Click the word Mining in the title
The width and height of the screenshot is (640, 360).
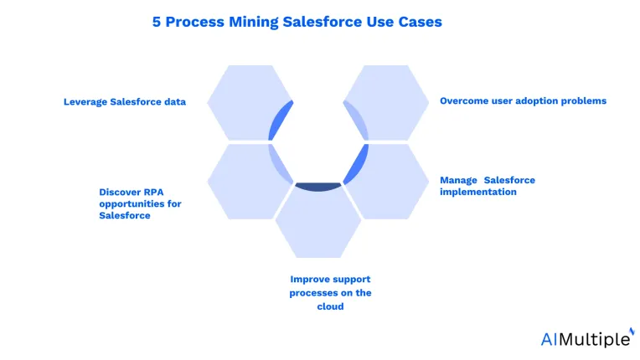tap(253, 22)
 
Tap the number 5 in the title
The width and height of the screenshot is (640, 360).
tap(157, 22)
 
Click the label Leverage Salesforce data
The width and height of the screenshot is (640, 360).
tap(125, 101)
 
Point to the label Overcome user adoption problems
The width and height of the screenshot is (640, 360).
tap(523, 100)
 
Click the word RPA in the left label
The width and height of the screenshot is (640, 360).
tap(153, 192)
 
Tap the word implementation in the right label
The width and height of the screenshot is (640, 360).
tap(478, 192)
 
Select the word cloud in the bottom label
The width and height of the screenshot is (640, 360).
tap(330, 306)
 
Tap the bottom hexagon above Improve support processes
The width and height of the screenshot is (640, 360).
tap(318, 222)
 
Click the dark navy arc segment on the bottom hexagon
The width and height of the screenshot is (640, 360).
tap(318, 188)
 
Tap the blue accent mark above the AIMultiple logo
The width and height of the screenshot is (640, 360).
tap(632, 331)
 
